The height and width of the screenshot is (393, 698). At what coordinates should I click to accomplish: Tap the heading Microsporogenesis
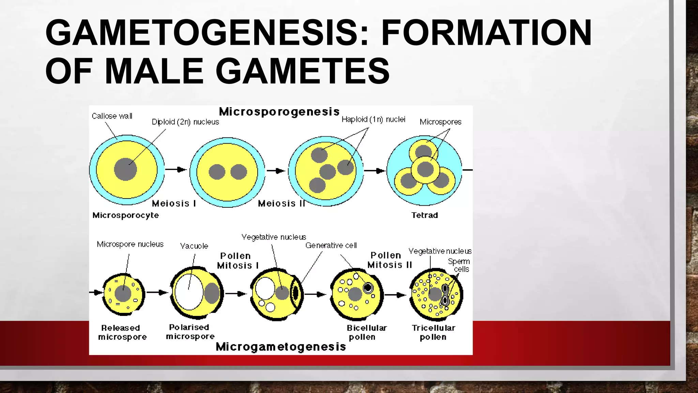click(279, 112)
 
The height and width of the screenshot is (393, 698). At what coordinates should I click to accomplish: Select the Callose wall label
click(112, 116)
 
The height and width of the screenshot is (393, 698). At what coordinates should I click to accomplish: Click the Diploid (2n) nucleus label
click(185, 122)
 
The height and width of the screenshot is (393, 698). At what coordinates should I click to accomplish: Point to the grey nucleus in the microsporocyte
click(125, 169)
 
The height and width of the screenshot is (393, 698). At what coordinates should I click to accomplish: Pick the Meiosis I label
click(174, 203)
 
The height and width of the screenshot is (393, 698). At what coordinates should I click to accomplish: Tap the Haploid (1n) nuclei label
click(373, 119)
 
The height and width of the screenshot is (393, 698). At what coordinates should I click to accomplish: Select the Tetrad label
click(424, 215)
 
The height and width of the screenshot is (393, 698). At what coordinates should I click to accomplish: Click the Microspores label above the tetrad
click(440, 122)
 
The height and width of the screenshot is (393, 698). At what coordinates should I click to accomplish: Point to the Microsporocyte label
click(125, 215)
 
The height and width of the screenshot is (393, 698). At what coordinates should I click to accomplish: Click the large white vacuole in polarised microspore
click(188, 292)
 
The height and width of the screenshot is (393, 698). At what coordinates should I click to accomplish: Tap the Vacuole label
click(194, 246)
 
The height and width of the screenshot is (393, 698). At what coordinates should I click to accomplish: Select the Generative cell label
click(331, 245)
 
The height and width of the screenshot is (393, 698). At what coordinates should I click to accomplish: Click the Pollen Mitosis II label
click(390, 260)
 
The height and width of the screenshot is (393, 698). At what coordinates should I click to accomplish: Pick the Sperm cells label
click(459, 265)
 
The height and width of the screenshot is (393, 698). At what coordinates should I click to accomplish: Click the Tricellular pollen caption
click(433, 332)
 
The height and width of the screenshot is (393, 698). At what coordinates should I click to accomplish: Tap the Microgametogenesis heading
click(281, 347)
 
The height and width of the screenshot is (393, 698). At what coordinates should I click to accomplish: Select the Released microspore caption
click(122, 332)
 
